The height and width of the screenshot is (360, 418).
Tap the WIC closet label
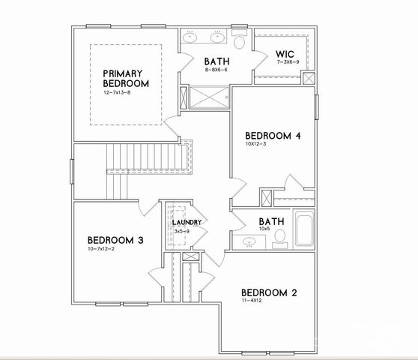pos(284,54)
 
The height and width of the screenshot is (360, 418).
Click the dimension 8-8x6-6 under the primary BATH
pos(215,68)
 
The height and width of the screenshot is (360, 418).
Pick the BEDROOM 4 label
pos(273,136)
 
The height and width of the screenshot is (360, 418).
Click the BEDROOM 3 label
pos(109,241)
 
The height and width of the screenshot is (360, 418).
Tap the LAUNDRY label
pos(187,223)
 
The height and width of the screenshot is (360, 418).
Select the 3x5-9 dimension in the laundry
pos(182,232)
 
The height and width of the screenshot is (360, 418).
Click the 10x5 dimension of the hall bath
pos(266,231)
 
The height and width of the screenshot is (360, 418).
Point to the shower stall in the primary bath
pos(210,98)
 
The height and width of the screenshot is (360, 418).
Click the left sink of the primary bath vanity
pos(190,36)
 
